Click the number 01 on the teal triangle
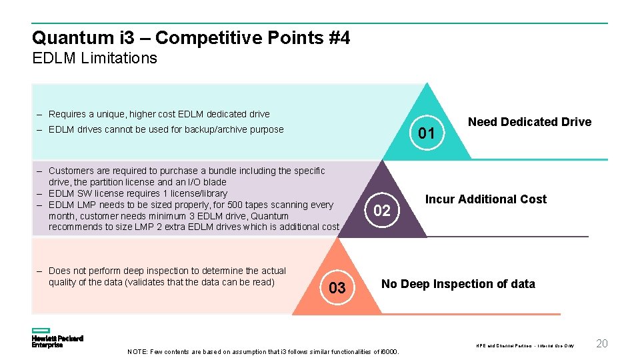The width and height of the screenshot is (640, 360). point(426,134)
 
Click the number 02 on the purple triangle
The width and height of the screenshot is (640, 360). point(381,211)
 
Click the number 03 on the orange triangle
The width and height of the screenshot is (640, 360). point(337,288)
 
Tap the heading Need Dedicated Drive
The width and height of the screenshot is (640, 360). point(529,122)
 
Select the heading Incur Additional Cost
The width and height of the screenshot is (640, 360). point(485,199)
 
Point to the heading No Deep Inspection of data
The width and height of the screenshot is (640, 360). point(457,284)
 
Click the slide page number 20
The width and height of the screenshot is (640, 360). point(601,343)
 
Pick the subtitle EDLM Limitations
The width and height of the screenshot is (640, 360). point(95,58)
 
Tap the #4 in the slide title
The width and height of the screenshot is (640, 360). point(339,38)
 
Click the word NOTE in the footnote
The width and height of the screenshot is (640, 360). point(137,352)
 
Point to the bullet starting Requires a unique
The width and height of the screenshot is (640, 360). point(159,114)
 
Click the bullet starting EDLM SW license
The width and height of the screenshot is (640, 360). point(138,193)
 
